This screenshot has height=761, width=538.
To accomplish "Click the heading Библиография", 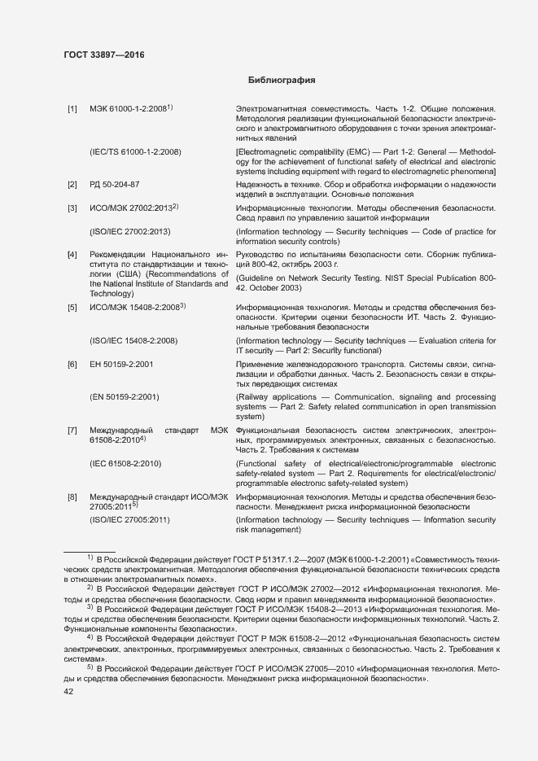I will [x=280, y=81].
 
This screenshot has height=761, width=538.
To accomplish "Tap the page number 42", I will [x=69, y=692].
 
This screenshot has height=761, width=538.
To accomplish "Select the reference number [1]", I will [x=72, y=109].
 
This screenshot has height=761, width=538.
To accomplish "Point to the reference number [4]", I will [x=72, y=255].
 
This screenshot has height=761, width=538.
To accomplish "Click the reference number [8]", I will [x=72, y=496].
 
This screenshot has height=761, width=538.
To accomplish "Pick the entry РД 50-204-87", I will [x=114, y=185].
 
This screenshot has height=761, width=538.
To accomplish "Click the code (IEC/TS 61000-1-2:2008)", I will [x=135, y=152].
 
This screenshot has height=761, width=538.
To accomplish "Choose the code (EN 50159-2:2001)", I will [x=124, y=397].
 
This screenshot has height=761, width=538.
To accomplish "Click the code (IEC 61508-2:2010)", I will [x=125, y=463].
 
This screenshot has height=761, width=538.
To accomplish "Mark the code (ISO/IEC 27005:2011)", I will [x=129, y=519].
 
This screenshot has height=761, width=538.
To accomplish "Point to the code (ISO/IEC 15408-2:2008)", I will [x=133, y=340].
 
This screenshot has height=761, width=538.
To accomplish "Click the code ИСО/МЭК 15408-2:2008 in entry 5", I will [x=135, y=307].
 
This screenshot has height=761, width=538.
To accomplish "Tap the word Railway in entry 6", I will [x=254, y=397].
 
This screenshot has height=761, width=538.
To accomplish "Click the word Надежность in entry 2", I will [x=260, y=185].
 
